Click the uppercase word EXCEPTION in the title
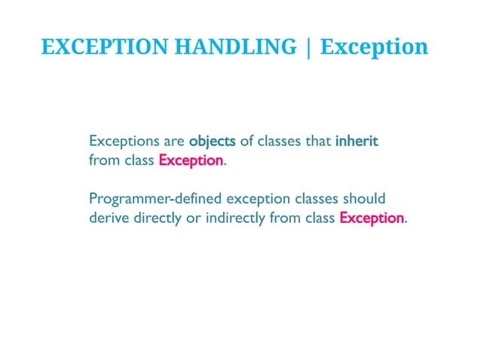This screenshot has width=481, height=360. [x=105, y=47]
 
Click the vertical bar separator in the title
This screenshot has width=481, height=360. [x=308, y=47]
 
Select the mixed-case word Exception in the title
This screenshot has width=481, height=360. [x=374, y=47]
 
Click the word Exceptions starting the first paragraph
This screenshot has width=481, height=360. [x=123, y=142]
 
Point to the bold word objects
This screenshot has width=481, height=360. [x=213, y=142]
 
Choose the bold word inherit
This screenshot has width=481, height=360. [x=357, y=142]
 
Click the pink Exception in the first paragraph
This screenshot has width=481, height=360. [x=191, y=160]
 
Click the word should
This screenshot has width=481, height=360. [x=364, y=200]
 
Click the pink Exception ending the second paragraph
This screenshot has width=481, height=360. [x=372, y=218]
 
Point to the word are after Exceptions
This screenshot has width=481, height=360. [x=173, y=142]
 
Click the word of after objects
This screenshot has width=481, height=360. [x=247, y=142]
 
